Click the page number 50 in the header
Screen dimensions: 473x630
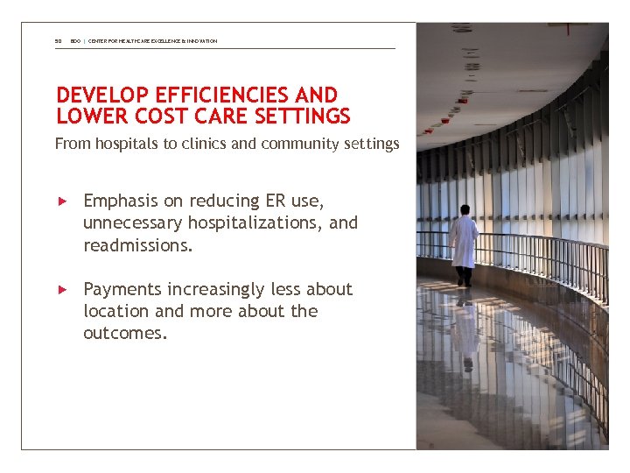[58, 41]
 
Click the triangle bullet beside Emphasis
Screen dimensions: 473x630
[62, 201]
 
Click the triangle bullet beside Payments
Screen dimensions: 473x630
[62, 289]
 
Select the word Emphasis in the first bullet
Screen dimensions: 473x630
[121, 201]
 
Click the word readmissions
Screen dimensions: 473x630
[137, 245]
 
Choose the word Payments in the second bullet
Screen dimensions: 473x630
[121, 289]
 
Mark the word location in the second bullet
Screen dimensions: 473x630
[115, 311]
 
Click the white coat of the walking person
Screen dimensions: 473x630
[464, 241]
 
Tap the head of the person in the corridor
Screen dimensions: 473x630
[465, 209]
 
